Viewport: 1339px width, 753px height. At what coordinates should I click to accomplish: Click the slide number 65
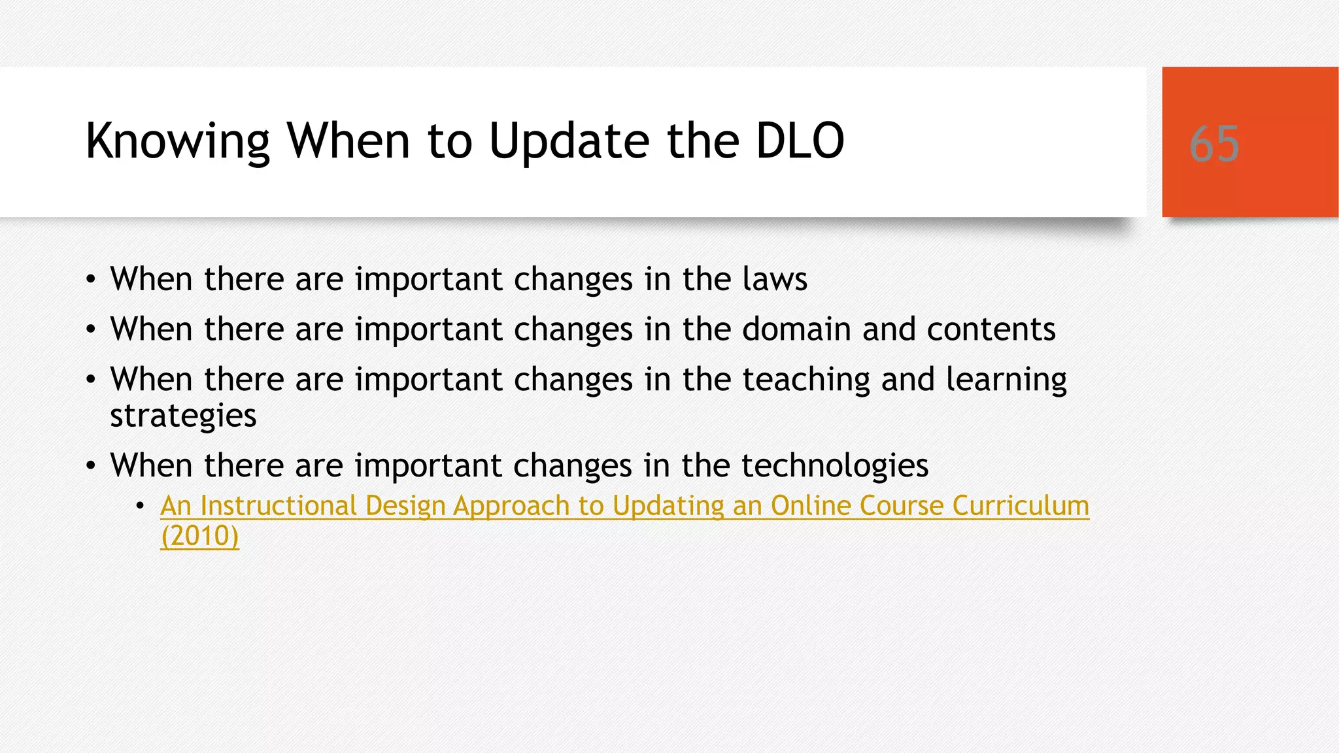tap(1214, 144)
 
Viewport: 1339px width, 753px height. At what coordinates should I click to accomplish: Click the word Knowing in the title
tap(177, 142)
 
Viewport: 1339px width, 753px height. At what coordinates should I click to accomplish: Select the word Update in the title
tap(569, 142)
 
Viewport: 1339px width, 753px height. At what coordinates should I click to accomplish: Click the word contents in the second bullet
tap(991, 329)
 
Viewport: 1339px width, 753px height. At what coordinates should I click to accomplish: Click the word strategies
tap(183, 416)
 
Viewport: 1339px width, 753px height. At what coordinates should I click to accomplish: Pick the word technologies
tap(835, 465)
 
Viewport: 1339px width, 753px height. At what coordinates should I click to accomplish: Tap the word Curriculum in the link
tap(1021, 505)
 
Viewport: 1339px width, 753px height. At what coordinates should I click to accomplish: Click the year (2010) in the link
tap(200, 536)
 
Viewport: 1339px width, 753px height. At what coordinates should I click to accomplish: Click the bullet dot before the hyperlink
tap(140, 505)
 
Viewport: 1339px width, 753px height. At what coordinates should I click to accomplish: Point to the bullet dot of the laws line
tap(91, 280)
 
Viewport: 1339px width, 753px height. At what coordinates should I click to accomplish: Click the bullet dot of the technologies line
tap(91, 467)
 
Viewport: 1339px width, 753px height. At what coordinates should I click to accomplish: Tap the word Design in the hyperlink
tap(405, 505)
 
